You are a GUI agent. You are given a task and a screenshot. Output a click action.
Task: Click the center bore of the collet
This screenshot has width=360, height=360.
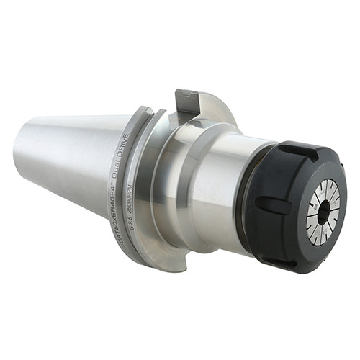tap(323, 210)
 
